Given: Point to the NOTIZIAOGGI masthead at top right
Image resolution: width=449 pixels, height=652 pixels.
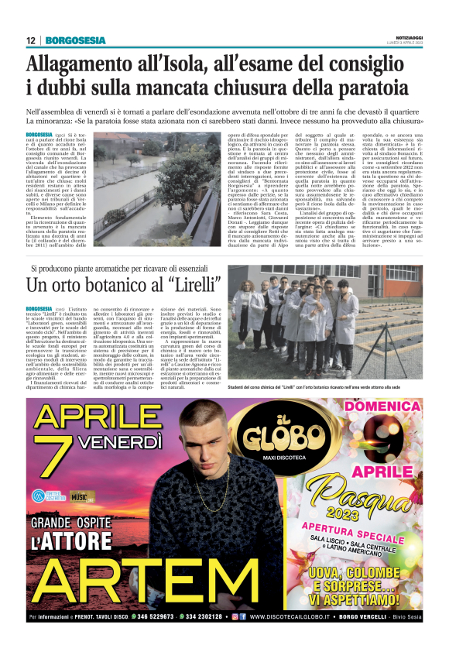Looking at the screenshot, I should point(407,36).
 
